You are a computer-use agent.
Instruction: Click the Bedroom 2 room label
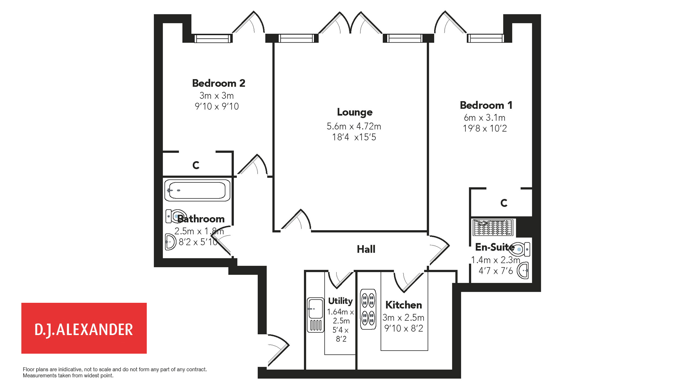219,83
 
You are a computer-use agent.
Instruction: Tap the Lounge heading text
355,112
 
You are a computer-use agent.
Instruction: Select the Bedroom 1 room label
486,105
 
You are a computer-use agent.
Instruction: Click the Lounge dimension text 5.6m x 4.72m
354,126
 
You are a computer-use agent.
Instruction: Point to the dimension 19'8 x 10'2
485,128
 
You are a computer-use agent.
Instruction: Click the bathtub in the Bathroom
197,190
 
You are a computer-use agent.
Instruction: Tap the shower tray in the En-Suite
493,228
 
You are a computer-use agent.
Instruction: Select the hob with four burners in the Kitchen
368,309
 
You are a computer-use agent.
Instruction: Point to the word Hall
366,249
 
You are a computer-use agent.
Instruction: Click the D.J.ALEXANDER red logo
84,328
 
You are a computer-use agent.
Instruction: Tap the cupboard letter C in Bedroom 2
196,165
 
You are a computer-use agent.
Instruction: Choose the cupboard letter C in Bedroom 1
504,203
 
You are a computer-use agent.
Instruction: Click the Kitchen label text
403,305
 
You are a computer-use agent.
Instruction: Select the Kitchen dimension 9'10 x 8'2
404,328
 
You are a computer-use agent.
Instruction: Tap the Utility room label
340,301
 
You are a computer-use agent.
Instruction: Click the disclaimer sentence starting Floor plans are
115,369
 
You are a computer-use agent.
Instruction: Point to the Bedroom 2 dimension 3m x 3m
216,96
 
